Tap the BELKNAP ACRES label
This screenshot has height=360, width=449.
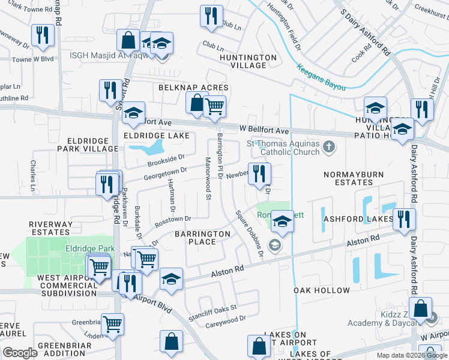[x=185, y=88]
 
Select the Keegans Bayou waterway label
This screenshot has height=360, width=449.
[x=322, y=78]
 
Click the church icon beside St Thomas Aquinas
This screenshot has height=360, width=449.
[x=328, y=146]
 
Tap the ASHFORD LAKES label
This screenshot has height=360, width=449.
[x=358, y=220]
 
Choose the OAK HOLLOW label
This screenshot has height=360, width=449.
[x=322, y=290]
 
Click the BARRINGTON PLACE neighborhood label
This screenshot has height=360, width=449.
[x=202, y=238]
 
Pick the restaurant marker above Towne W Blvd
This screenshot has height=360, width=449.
[x=43, y=35]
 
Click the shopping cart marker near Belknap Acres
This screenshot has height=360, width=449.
[x=214, y=107]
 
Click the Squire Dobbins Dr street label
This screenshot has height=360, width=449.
[x=249, y=233]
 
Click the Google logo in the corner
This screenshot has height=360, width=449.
[x=20, y=353]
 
